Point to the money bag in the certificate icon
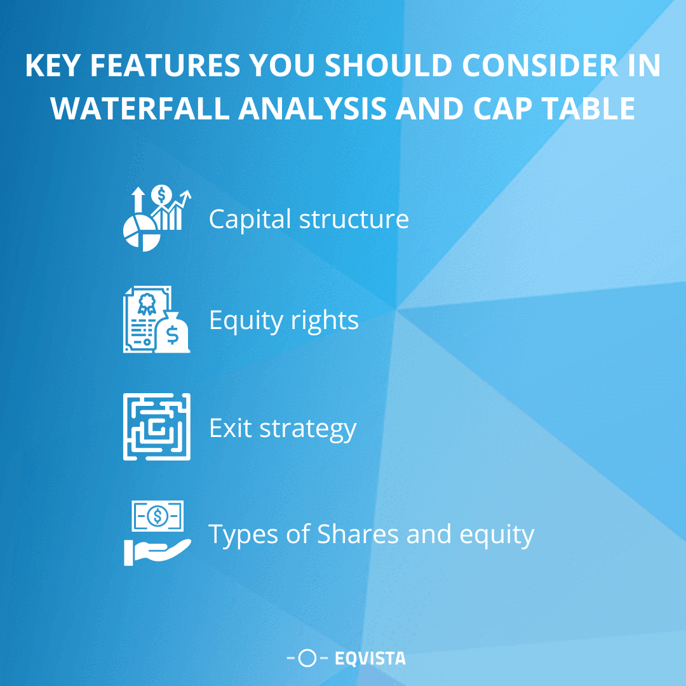tap(172, 334)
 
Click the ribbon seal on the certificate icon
tap(146, 306)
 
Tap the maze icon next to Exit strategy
tap(156, 426)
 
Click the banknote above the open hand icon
tap(156, 516)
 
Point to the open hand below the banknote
tap(156, 550)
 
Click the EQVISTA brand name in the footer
tap(370, 659)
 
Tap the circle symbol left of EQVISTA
tap(307, 659)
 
